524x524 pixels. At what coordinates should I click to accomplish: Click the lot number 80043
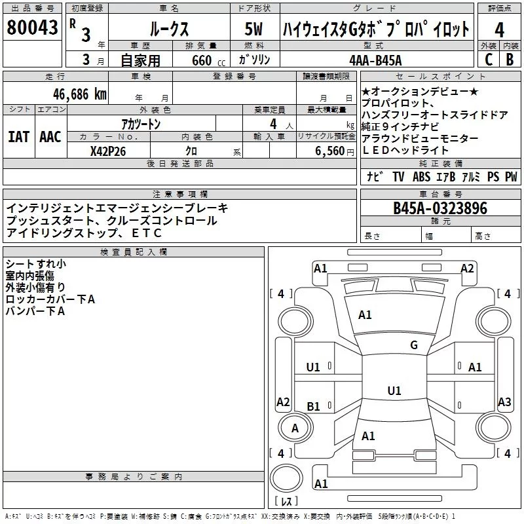(x=33, y=28)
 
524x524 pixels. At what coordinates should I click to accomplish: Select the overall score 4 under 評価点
(x=500, y=29)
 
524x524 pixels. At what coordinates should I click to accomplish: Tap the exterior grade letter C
(x=488, y=59)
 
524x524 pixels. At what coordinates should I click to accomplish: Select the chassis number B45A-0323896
(x=440, y=208)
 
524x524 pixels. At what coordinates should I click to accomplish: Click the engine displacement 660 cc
(x=199, y=60)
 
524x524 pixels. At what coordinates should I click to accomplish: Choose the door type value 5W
(x=255, y=29)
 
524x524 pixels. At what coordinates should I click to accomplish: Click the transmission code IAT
(x=18, y=137)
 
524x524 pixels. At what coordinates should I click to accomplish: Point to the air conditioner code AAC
(x=50, y=137)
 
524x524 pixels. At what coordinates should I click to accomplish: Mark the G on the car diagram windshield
(x=413, y=345)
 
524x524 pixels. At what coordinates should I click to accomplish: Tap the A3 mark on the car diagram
(x=504, y=402)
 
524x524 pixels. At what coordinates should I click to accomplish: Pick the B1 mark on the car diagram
(x=313, y=407)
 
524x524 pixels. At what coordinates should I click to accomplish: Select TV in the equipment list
(x=398, y=177)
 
